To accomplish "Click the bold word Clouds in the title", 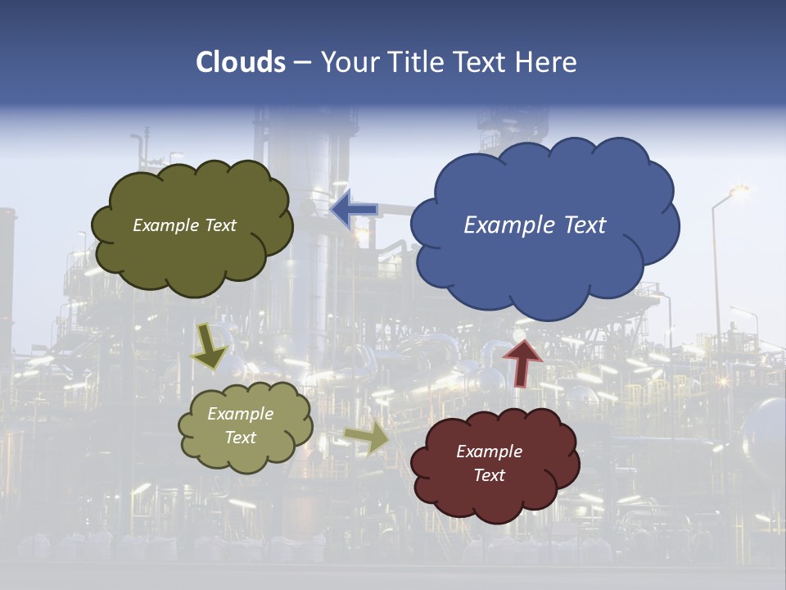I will click(241, 62).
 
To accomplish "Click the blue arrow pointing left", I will click(355, 210).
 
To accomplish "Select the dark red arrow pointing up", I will click(522, 361).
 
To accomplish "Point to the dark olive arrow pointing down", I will click(210, 346).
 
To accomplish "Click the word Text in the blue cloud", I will click(583, 225).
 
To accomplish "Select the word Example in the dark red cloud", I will click(489, 452).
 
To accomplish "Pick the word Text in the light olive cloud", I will click(241, 438).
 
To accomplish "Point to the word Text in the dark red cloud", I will click(489, 475).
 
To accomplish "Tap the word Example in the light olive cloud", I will click(241, 414).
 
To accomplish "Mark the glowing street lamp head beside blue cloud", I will click(739, 191).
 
